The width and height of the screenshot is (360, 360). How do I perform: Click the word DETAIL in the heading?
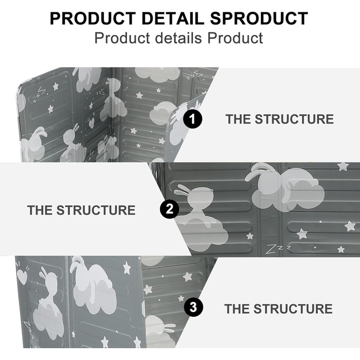(x=173, y=19)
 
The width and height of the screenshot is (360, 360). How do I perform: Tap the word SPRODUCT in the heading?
(x=259, y=19)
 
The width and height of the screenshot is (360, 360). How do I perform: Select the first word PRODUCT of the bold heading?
(x=93, y=19)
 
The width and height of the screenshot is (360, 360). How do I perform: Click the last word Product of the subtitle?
(x=235, y=38)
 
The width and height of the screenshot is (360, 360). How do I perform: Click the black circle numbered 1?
(x=192, y=119)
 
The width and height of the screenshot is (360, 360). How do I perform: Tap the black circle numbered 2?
(x=169, y=209)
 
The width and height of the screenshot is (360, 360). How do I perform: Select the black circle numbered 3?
(x=193, y=307)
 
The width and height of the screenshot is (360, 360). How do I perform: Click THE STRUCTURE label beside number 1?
(x=280, y=119)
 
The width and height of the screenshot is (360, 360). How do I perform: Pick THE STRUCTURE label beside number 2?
(x=81, y=210)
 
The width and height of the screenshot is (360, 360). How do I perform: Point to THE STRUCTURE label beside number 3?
(x=279, y=309)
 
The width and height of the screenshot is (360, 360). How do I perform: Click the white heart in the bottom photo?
(x=22, y=277)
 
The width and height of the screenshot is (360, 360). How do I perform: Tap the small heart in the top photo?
(x=92, y=123)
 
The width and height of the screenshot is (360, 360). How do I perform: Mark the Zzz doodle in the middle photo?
(x=278, y=249)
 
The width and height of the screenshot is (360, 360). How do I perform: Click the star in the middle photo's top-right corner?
(x=343, y=166)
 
